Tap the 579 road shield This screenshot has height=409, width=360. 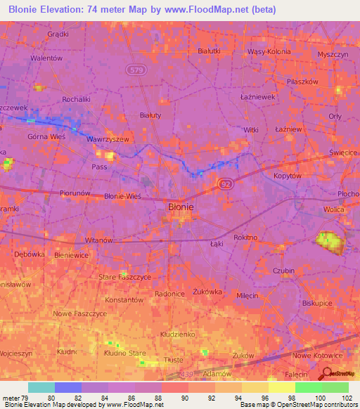(x=136, y=70)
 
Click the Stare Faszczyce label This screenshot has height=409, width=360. (x=124, y=278)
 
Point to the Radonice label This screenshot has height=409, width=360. (x=169, y=294)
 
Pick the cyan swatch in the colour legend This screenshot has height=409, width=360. (x=41, y=387)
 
